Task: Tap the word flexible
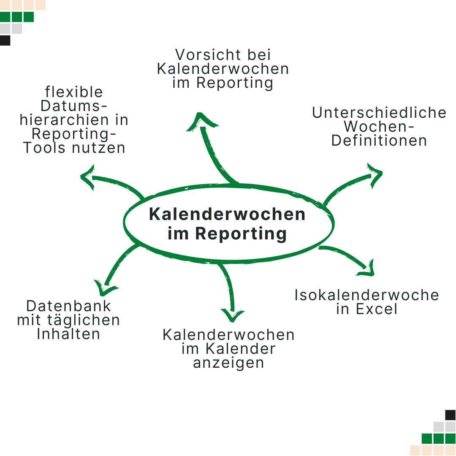[x=74, y=92]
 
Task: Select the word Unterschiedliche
[x=379, y=113]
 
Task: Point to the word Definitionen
[x=379, y=141]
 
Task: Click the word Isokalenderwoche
[x=366, y=295]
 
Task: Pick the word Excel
[x=377, y=309]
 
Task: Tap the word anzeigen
[x=228, y=363]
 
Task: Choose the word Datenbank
[x=68, y=306]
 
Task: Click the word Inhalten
[x=68, y=334]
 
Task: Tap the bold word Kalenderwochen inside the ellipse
[x=227, y=214]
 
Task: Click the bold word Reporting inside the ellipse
[x=241, y=233]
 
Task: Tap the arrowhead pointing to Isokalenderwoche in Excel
[x=368, y=269]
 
